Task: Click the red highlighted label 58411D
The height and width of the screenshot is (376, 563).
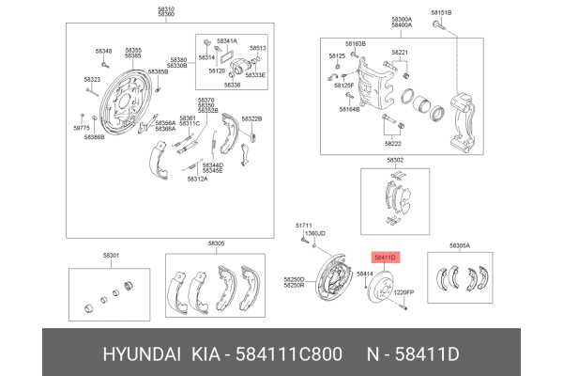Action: click(x=386, y=256)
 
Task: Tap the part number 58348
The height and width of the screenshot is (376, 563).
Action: click(x=104, y=51)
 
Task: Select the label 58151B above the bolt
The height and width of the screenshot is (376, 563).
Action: click(x=441, y=11)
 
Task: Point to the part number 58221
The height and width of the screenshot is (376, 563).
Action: click(x=400, y=52)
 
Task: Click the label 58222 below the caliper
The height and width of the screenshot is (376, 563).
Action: click(x=393, y=144)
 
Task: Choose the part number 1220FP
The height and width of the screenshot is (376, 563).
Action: click(x=403, y=293)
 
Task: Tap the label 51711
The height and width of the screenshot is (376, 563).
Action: click(x=303, y=226)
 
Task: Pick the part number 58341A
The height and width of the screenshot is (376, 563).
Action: click(x=227, y=41)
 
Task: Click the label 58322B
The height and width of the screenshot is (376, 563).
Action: click(x=251, y=118)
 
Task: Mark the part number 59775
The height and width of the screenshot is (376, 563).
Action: click(x=82, y=127)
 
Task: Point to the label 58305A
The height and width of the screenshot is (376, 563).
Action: click(x=460, y=245)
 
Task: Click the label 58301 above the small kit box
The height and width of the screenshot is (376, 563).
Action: click(x=111, y=255)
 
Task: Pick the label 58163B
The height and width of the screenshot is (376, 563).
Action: click(x=355, y=44)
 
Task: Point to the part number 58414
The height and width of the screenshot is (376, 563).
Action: click(x=363, y=273)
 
